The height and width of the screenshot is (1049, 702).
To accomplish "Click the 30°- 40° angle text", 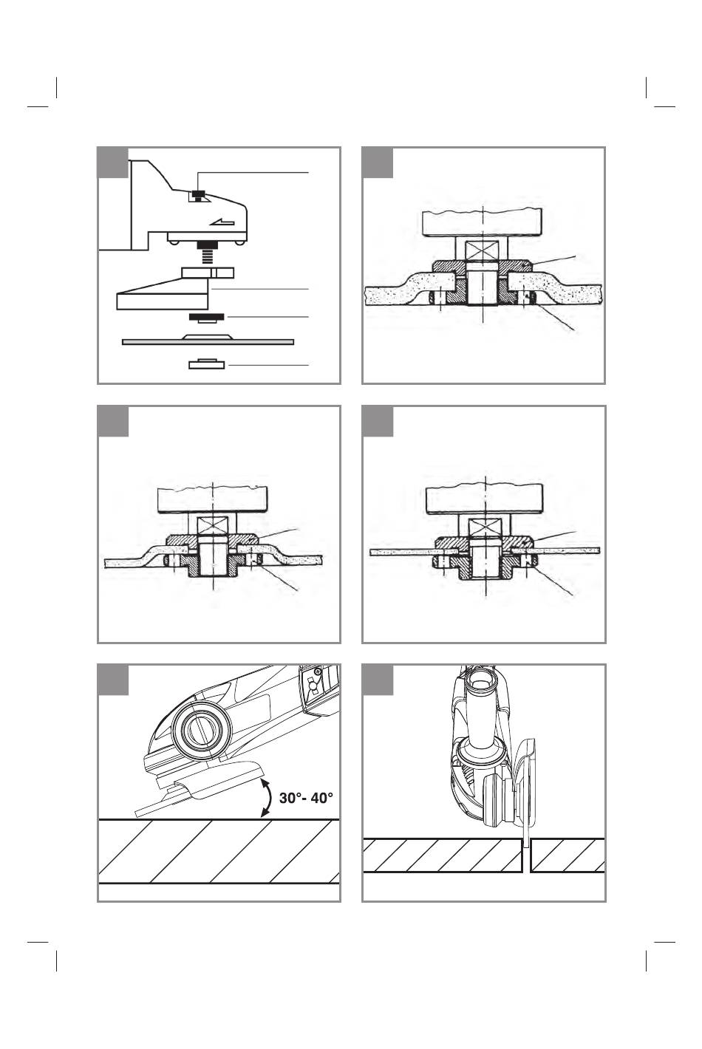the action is (306, 798).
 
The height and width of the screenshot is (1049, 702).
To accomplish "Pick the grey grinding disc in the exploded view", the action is (208, 340).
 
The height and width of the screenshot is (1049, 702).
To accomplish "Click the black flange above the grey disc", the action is (206, 318).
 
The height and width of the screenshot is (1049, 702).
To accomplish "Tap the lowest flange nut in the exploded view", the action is (206, 364).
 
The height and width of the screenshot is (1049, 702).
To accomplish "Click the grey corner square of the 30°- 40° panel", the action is (113, 680).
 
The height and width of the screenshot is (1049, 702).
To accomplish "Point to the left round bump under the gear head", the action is (172, 242).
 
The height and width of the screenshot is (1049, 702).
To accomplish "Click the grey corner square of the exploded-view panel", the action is (113, 163).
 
